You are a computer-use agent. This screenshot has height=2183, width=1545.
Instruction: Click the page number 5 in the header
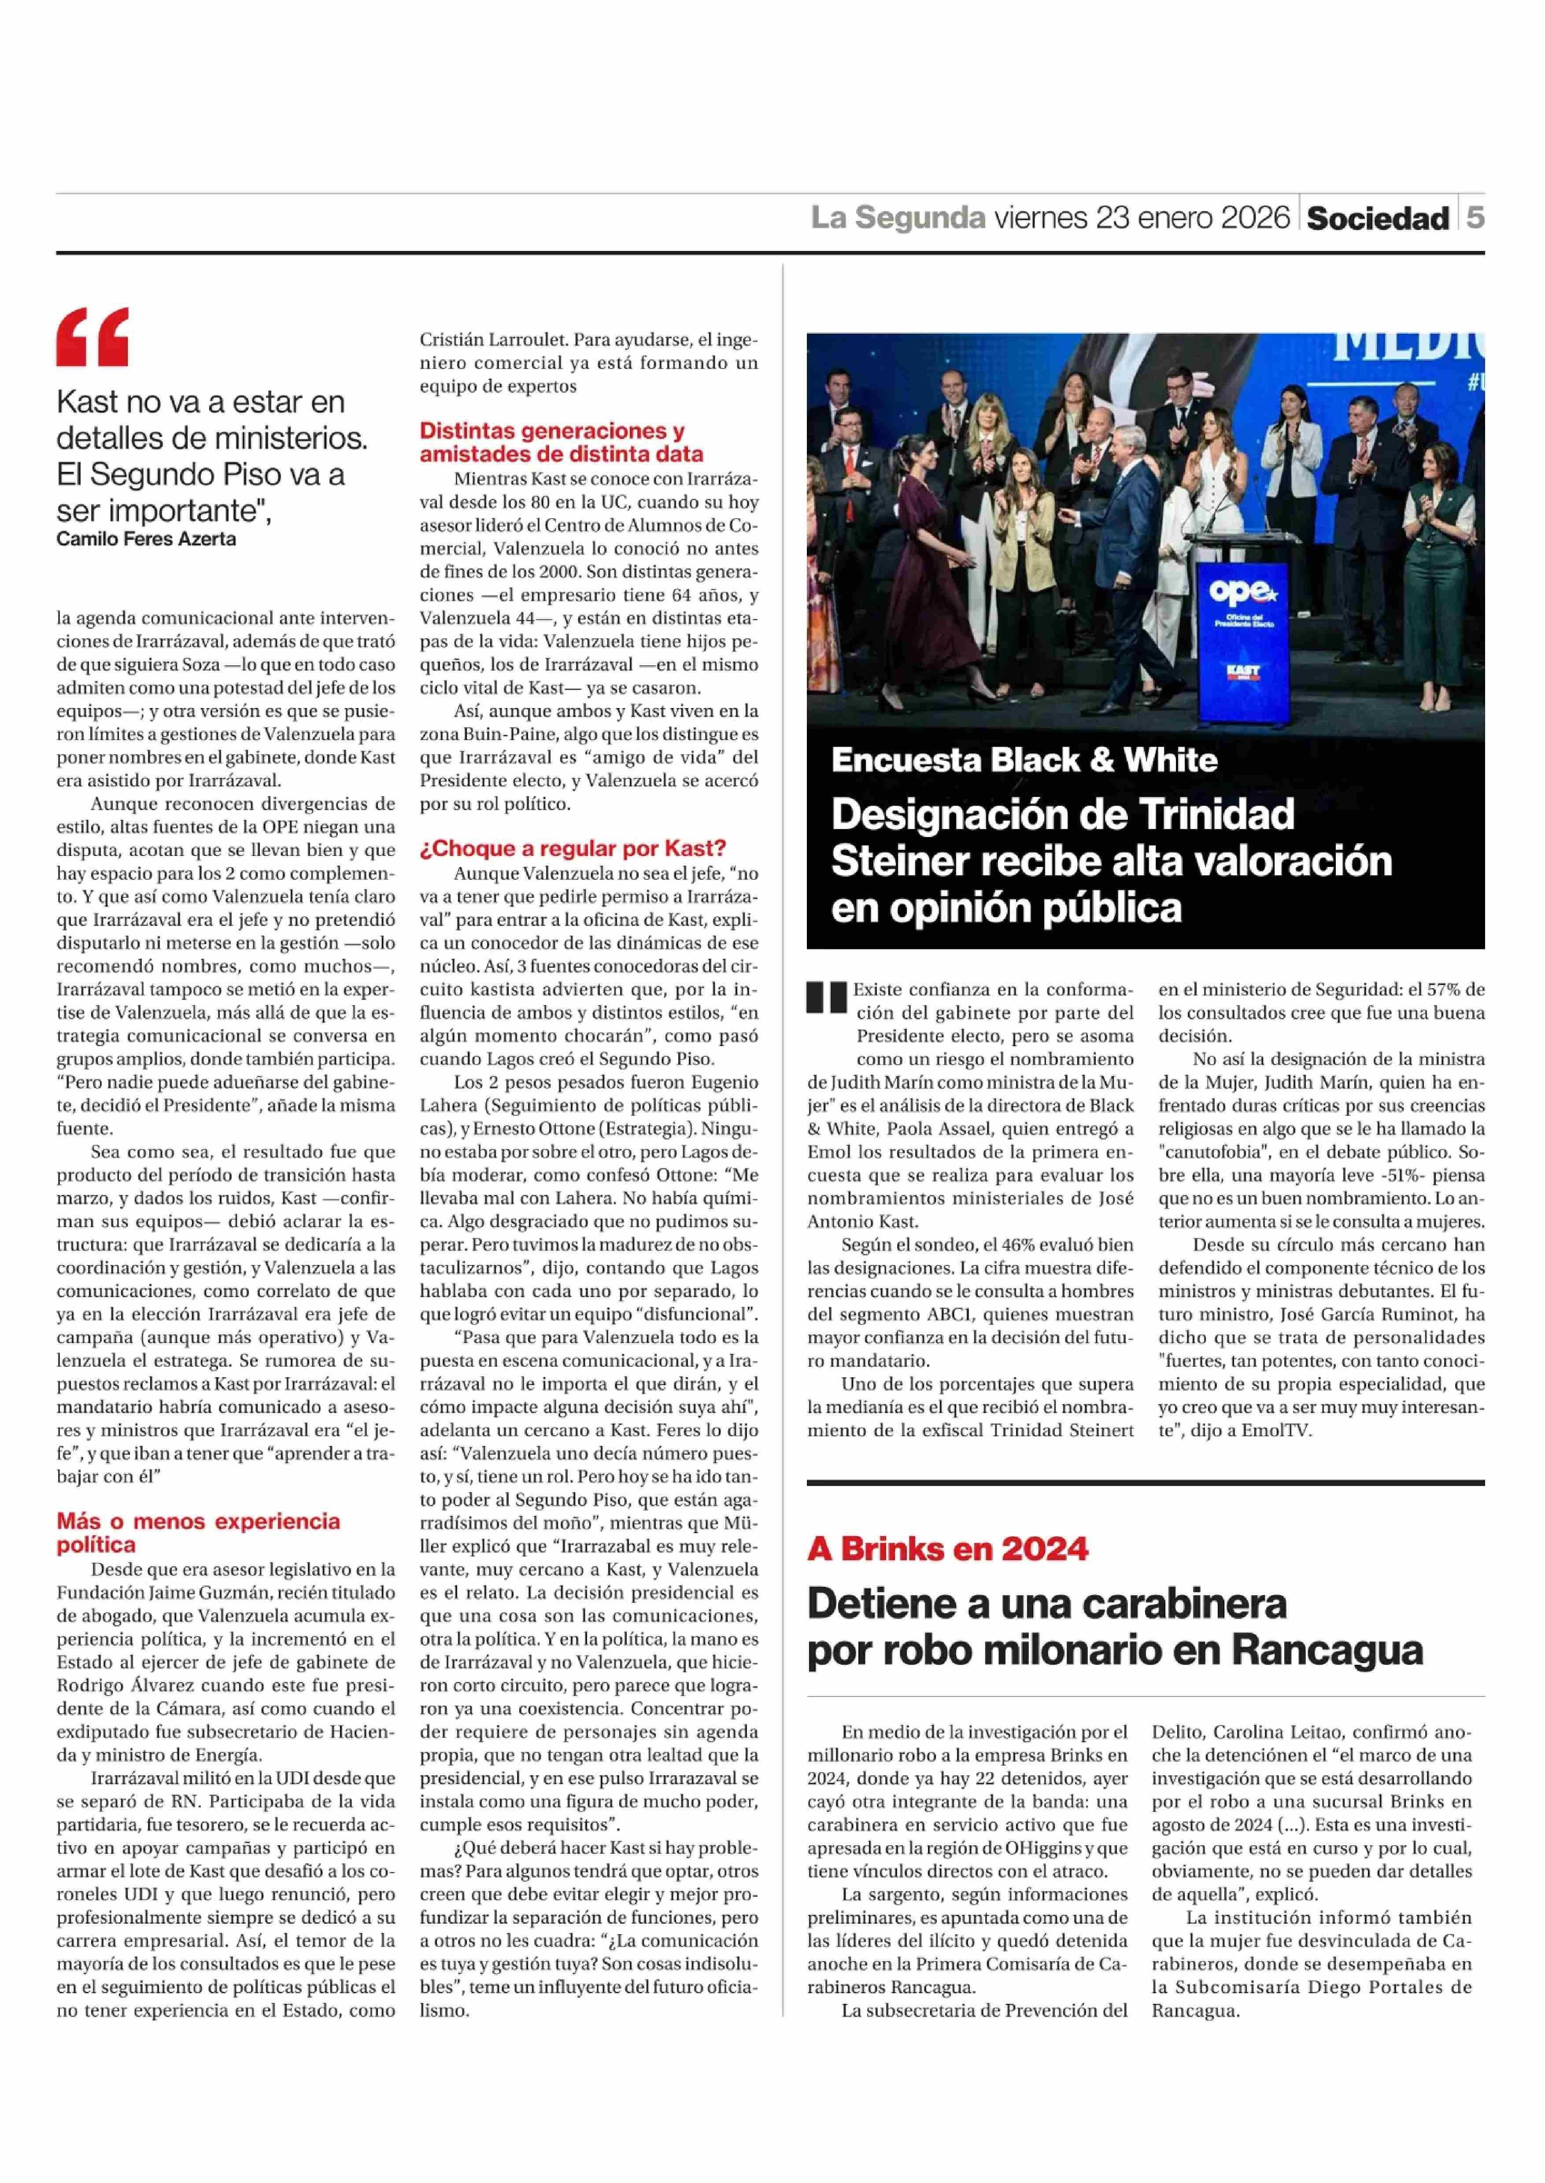click(x=1475, y=218)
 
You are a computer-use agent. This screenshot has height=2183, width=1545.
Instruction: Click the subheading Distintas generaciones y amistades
click(x=561, y=442)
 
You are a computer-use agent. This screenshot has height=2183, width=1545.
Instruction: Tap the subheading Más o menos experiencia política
click(x=198, y=1532)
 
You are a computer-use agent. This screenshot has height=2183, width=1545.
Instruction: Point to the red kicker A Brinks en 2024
click(x=947, y=1549)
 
